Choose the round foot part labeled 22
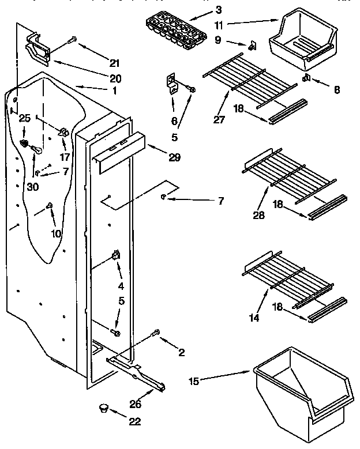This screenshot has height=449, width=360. click(x=104, y=408)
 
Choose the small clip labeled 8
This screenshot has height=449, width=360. click(x=308, y=77)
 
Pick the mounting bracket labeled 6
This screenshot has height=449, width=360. click(x=172, y=82)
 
